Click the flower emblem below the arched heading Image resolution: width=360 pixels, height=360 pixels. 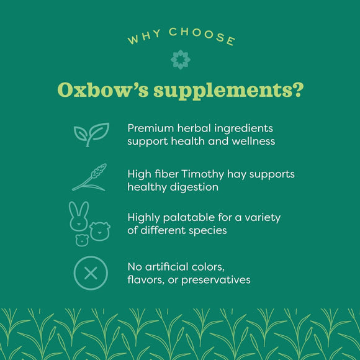pyautogui.click(x=180, y=59)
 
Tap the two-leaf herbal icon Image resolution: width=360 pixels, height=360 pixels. pyautogui.click(x=91, y=134)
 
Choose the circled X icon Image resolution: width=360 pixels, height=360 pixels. pyautogui.click(x=91, y=273)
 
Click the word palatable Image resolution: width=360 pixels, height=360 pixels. pyautogui.click(x=189, y=218)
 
